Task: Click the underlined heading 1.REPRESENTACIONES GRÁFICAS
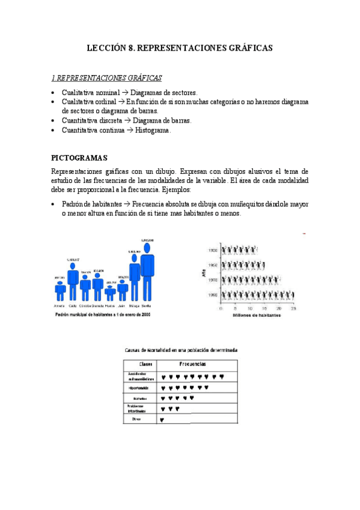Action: pos(106,78)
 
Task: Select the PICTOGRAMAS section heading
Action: pos(79,158)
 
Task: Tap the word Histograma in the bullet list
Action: pos(153,130)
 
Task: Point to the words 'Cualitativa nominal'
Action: pos(87,93)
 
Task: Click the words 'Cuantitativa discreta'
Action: pos(88,120)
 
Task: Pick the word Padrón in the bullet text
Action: pos(73,204)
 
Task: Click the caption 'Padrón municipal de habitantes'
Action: pos(102,314)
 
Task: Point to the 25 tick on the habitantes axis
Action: pos(293,307)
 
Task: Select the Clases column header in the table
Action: pos(145,364)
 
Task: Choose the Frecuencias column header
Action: pos(192,364)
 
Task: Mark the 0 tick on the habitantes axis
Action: pos(221,307)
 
